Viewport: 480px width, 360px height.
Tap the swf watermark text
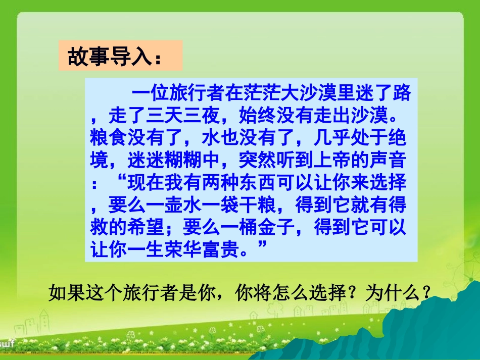pos(7,343)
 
